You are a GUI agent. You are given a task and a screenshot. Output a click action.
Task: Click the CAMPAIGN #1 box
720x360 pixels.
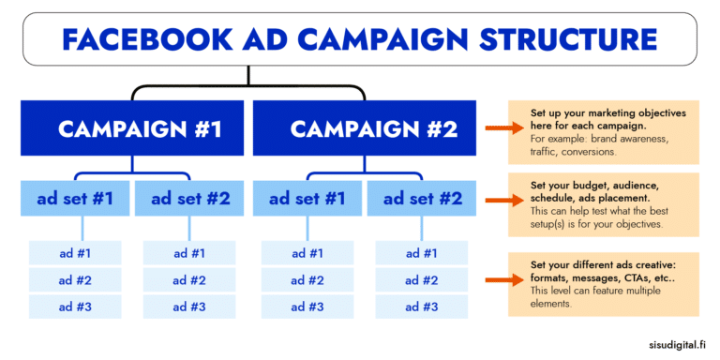coord(140,129)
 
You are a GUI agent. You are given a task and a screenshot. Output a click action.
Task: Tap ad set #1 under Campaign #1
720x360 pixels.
coord(75,198)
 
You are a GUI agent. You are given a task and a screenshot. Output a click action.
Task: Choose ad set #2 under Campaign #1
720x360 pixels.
coord(189,198)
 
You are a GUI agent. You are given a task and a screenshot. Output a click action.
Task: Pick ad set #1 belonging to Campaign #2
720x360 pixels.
coord(307,198)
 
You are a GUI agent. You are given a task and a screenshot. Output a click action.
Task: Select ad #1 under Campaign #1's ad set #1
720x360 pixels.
coord(75,253)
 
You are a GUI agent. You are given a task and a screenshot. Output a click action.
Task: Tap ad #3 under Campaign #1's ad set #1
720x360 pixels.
coord(75,307)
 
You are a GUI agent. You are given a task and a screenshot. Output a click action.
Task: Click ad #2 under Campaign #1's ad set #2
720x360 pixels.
coord(189,279)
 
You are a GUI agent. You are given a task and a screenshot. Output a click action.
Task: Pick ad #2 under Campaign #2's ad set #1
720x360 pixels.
coord(307,279)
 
